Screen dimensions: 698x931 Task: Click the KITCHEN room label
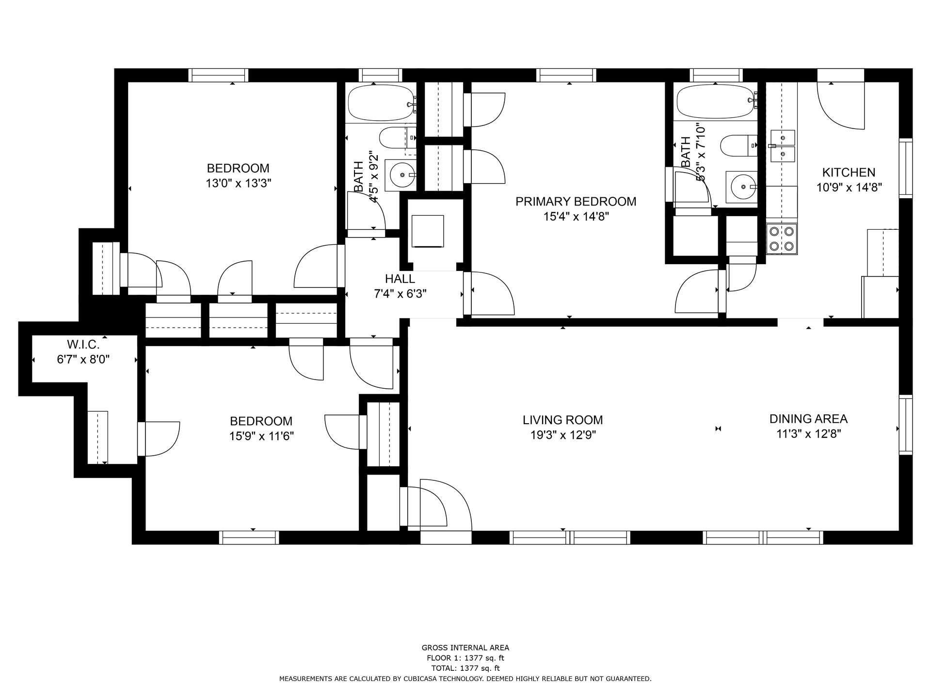(x=849, y=172)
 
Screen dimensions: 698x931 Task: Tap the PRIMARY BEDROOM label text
(x=576, y=201)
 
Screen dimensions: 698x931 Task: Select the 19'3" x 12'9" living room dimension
(x=562, y=435)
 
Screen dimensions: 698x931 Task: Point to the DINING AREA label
(x=808, y=419)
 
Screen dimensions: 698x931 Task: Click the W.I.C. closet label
(x=83, y=345)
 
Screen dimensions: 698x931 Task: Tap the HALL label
(x=400, y=279)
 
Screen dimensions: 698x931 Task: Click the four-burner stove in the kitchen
(x=782, y=239)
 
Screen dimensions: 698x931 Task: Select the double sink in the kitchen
(x=782, y=146)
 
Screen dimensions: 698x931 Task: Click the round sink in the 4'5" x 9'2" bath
(x=401, y=174)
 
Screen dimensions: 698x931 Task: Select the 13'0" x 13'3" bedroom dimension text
(x=238, y=183)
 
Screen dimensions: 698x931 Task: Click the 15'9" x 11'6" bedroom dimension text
(x=261, y=436)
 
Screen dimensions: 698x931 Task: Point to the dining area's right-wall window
(x=905, y=425)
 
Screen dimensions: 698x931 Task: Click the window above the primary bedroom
(x=566, y=75)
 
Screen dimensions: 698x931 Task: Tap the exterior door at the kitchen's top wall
(x=840, y=76)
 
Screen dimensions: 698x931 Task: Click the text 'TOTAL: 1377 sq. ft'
(x=465, y=668)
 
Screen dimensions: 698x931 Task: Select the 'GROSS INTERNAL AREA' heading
(x=465, y=648)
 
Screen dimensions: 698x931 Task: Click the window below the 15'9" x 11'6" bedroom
(x=249, y=538)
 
